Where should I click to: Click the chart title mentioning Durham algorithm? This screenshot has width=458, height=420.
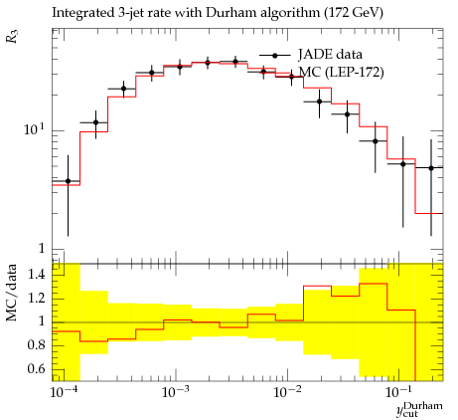[218, 13]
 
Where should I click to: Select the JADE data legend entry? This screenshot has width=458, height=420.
[330, 55]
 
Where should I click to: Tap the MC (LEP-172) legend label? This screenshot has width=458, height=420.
[342, 73]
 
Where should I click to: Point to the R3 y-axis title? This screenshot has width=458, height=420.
[11, 37]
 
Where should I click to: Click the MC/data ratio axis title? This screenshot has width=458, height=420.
[12, 293]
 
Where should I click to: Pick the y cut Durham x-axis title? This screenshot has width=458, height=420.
[419, 409]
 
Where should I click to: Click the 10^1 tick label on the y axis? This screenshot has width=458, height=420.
[34, 129]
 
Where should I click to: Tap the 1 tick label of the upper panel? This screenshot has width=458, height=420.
[42, 248]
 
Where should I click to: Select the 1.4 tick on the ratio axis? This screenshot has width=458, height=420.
[36, 275]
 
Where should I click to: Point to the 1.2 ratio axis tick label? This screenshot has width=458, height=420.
[36, 299]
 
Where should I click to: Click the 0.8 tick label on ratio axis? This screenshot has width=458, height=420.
[36, 345]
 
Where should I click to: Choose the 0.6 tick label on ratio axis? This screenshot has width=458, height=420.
[36, 368]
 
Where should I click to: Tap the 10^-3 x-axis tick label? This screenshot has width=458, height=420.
[176, 392]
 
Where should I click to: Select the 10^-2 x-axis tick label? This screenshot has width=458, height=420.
[287, 392]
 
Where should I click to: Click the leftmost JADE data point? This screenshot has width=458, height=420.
[68, 181]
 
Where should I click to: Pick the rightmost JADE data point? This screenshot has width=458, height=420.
[431, 168]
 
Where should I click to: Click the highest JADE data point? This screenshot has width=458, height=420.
[235, 62]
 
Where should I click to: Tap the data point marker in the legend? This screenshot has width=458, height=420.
[274, 56]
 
